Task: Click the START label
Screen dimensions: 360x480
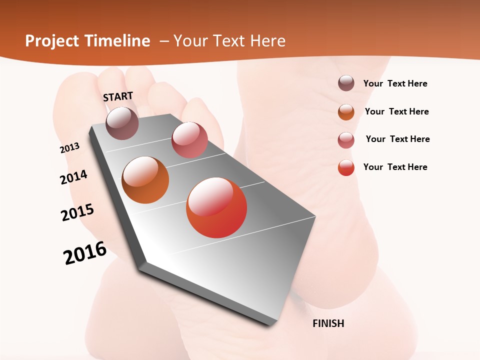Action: click(118, 96)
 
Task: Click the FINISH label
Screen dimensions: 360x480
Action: click(328, 323)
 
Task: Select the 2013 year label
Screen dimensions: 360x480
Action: click(70, 148)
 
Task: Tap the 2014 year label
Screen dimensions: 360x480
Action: click(73, 177)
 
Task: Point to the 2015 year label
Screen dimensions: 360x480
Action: click(77, 212)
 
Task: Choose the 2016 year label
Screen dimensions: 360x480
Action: click(85, 252)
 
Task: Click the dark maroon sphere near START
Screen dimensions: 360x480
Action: click(122, 123)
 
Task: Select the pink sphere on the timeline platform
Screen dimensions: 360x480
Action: click(189, 140)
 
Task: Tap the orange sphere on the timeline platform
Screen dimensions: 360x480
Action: click(145, 180)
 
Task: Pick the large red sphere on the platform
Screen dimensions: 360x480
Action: click(216, 207)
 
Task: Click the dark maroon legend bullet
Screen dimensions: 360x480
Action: click(346, 83)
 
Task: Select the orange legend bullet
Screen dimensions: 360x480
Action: click(346, 112)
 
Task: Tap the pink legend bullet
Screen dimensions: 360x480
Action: click(346, 140)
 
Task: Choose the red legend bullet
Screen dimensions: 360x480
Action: click(346, 167)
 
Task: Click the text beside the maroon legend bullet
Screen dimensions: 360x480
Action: click(395, 84)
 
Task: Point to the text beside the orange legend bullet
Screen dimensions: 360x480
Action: click(396, 111)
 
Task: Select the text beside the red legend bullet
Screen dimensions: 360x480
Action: click(395, 167)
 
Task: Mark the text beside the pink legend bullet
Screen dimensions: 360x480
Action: click(397, 139)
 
